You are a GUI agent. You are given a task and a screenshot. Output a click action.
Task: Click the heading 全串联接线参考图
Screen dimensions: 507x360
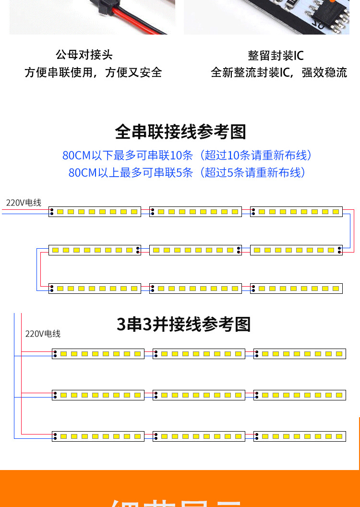point(180,132)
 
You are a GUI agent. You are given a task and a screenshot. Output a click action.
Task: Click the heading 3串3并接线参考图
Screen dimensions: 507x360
point(184,325)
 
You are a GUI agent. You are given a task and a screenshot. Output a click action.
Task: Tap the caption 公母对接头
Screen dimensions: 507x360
point(84,55)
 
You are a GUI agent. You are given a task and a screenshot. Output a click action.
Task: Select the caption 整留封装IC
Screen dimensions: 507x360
point(276,56)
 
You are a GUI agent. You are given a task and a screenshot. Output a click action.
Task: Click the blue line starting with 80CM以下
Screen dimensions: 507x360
point(188,156)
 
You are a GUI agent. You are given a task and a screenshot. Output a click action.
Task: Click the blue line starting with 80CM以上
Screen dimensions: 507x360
point(188,172)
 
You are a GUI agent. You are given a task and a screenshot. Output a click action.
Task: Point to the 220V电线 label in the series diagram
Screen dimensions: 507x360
point(24,203)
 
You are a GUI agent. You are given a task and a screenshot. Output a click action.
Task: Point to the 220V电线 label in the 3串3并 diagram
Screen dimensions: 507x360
point(43,334)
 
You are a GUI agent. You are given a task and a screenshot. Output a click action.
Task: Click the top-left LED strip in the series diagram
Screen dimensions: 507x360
point(95,212)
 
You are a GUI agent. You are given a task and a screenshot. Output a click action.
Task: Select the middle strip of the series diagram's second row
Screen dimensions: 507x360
point(195,250)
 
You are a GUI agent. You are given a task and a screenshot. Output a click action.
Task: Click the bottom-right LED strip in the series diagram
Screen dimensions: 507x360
point(296,289)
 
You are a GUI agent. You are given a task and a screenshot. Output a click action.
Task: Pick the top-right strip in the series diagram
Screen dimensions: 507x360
point(296,212)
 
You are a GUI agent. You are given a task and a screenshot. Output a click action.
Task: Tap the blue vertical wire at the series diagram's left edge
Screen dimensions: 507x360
point(36,269)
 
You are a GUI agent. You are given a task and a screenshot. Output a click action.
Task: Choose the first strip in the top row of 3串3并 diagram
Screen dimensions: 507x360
point(98,354)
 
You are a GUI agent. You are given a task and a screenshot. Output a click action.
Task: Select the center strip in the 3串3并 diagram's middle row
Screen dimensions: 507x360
point(199,395)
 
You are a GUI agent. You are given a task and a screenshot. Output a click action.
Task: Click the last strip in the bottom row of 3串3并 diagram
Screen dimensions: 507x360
point(300,436)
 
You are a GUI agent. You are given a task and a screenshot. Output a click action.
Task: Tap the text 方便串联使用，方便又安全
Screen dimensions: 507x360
point(93,72)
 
